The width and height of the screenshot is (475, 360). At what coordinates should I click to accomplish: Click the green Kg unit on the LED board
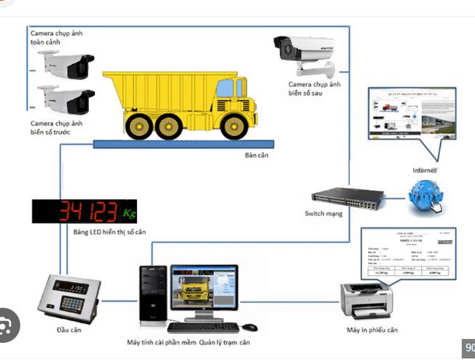pyautogui.click(x=128, y=211)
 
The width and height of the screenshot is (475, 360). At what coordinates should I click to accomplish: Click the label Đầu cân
pyautogui.click(x=69, y=330)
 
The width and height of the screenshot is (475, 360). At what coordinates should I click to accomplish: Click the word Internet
pyautogui.click(x=424, y=170)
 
